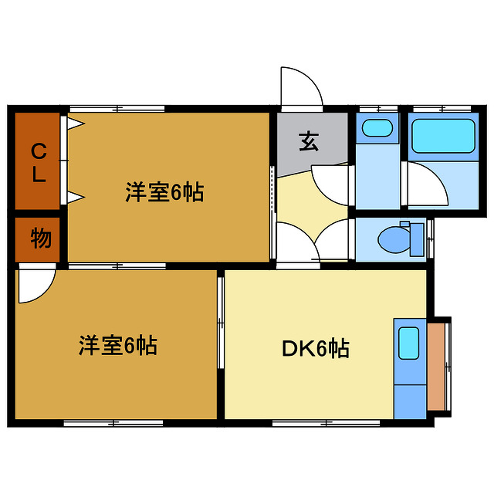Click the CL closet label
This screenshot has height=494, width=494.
(38, 161)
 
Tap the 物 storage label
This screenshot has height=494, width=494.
(40, 239)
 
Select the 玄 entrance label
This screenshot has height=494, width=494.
(309, 141)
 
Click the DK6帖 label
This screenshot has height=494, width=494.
(314, 349)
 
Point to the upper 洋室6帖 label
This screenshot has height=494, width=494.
(164, 192)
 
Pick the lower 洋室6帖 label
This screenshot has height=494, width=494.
(117, 345)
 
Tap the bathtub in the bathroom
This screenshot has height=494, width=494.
(442, 136)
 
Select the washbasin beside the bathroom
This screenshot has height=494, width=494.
(377, 129)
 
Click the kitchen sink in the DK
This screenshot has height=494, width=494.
(408, 342)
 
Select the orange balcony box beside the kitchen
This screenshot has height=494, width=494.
(436, 367)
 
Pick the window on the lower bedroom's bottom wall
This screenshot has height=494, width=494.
(113, 422)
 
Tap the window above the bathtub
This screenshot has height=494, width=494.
(442, 108)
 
